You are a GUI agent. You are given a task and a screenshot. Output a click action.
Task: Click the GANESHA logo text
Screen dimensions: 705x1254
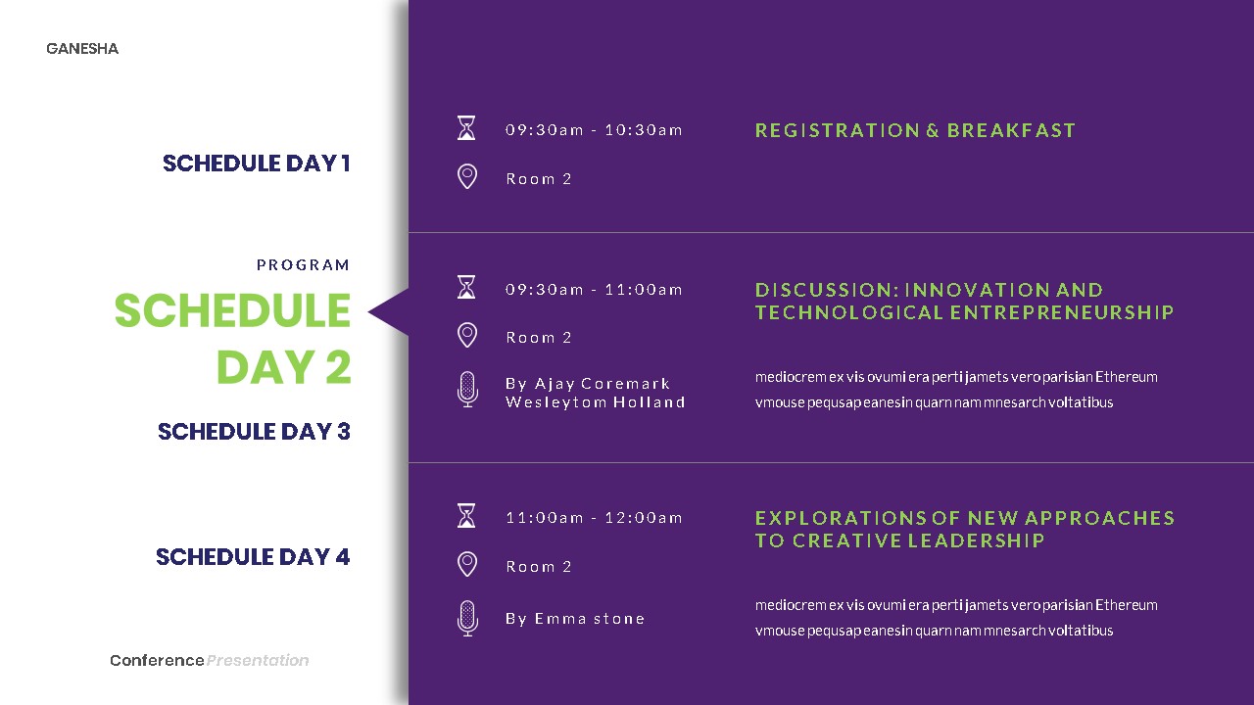(x=82, y=49)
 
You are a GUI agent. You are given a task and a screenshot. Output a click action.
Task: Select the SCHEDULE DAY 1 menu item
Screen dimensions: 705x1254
(x=256, y=164)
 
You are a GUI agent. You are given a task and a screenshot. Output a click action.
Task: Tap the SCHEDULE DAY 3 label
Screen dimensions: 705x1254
(x=254, y=432)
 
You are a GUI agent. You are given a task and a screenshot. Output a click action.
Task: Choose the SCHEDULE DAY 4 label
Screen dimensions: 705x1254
(x=253, y=557)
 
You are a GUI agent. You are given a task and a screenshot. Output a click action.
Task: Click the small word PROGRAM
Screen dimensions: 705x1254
(x=303, y=265)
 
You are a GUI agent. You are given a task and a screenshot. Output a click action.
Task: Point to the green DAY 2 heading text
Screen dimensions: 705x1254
(x=283, y=368)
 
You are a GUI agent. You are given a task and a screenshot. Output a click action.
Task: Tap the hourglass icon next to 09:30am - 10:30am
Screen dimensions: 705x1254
(x=467, y=128)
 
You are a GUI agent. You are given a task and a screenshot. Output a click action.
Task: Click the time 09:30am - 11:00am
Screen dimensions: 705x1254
(x=594, y=290)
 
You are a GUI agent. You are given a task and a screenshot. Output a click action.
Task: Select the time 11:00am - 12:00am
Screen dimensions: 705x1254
(x=594, y=518)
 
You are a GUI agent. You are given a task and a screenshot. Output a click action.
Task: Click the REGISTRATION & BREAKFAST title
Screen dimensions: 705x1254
(x=915, y=130)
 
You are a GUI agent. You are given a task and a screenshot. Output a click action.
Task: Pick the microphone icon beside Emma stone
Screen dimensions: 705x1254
(x=467, y=618)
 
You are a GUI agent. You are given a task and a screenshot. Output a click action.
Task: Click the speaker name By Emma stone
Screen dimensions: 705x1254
(x=575, y=619)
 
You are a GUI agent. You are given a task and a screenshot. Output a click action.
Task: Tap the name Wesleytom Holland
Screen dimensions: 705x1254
(x=596, y=402)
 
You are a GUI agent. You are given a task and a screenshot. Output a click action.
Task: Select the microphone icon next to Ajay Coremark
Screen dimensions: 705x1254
(x=467, y=390)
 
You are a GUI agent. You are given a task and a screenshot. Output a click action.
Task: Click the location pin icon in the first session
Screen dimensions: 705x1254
(x=467, y=177)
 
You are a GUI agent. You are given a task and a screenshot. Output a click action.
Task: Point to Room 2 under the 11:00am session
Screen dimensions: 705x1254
(x=539, y=567)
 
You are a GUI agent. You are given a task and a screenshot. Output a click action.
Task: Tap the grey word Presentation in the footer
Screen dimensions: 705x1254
(x=258, y=661)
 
